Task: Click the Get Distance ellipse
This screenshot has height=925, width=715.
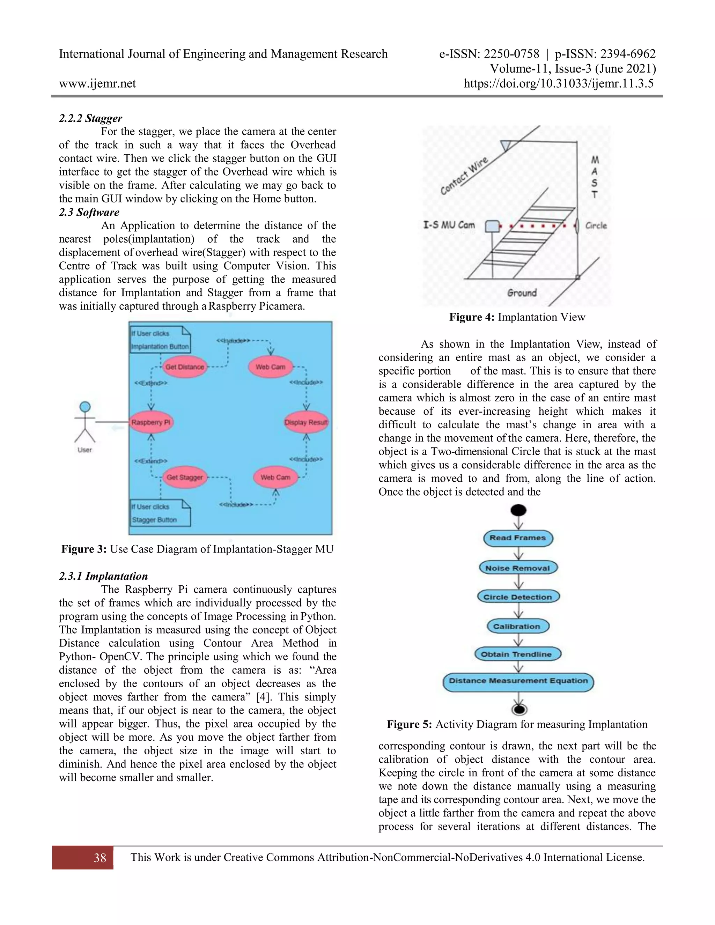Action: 185,367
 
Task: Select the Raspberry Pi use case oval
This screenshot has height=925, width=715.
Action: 151,422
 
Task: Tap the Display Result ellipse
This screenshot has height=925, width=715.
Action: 306,422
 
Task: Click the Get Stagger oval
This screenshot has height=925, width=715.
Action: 185,477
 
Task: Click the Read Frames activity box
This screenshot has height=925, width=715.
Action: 518,538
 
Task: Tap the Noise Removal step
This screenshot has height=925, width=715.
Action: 518,568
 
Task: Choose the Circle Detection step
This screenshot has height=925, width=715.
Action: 518,597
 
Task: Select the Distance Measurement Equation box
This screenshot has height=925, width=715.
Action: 518,681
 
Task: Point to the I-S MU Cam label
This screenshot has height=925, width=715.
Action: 449,225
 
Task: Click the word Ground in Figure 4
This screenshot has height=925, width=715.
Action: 522,293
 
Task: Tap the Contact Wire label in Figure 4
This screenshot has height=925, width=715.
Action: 464,175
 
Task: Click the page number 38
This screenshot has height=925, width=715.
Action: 100,858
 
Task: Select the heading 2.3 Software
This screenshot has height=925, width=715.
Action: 89,212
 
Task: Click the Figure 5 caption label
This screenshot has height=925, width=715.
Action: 409,725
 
